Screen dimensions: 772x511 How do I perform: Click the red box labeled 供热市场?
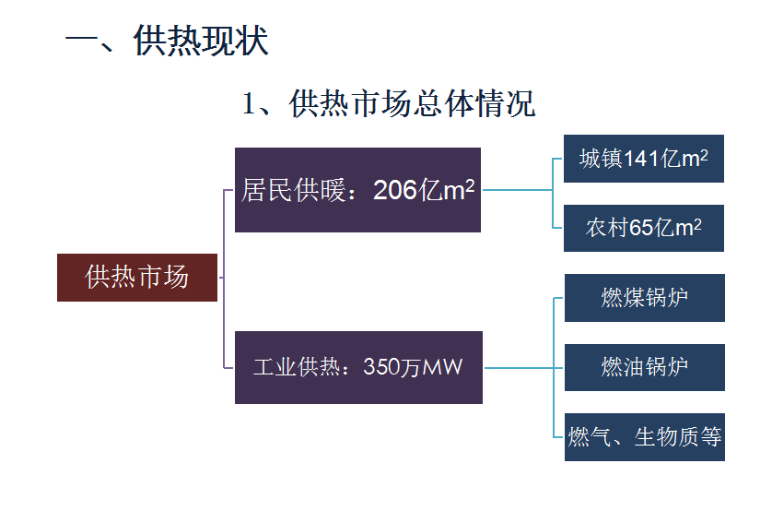point(137,278)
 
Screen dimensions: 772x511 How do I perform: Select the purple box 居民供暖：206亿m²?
point(357,190)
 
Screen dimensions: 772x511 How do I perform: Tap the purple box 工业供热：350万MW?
point(358,367)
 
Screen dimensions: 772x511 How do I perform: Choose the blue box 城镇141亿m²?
point(644,159)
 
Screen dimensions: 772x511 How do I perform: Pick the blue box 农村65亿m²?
point(644,228)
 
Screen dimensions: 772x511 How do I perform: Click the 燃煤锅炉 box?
point(645,298)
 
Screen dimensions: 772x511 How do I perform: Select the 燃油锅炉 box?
point(645,367)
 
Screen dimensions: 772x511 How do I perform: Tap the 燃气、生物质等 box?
point(645,437)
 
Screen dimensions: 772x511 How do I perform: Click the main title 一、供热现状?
point(167,41)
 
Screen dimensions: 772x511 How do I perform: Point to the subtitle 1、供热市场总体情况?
point(389,103)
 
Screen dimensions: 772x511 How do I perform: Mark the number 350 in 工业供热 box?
point(378,366)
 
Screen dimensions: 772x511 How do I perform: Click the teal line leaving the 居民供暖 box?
point(518,190)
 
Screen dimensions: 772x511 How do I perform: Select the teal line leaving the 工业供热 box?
point(519,368)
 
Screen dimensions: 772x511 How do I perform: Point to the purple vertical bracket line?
point(224,279)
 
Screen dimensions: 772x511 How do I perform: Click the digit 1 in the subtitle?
point(249,104)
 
